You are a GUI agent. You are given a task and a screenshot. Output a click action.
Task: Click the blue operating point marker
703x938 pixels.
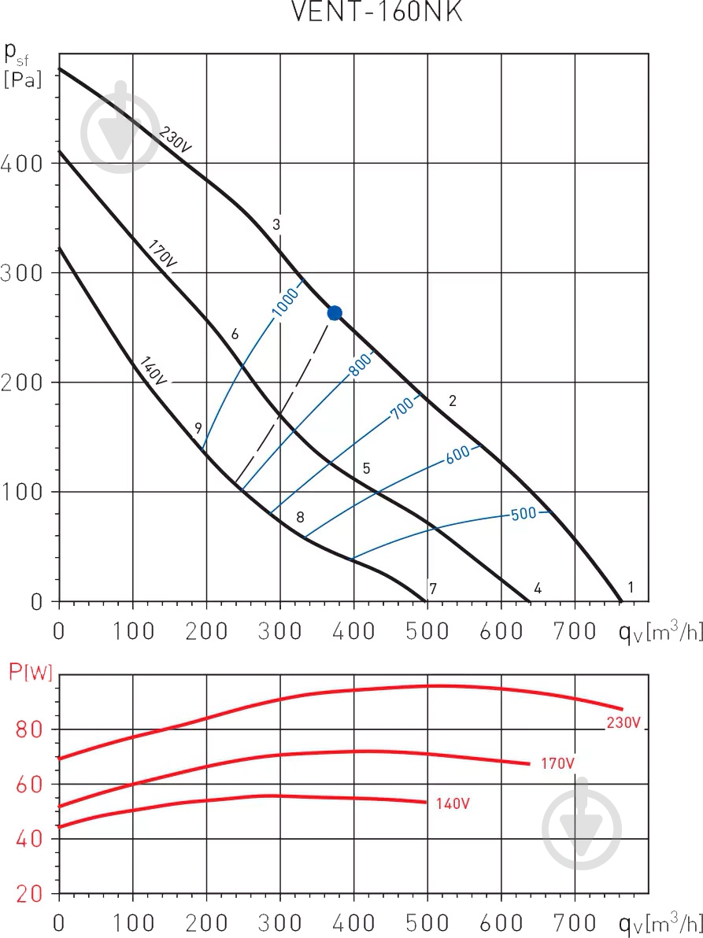tap(335, 313)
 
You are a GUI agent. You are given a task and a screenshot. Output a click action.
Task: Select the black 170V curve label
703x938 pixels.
tap(162, 255)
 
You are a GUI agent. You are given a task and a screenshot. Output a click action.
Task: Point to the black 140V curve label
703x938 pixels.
tap(154, 371)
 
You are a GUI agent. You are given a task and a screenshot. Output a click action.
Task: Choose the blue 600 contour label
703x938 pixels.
tap(457, 454)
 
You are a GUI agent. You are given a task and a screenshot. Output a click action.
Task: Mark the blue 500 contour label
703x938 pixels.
tap(524, 514)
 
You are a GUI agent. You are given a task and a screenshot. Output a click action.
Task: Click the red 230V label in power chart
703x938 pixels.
tap(623, 723)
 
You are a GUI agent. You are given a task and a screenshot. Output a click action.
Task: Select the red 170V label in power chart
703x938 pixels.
tap(557, 763)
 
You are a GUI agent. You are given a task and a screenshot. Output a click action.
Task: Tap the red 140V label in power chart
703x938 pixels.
tap(453, 803)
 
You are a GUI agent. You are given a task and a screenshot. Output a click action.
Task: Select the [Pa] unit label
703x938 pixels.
tap(22, 79)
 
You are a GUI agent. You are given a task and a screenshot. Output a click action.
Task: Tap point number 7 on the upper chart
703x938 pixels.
tap(433, 588)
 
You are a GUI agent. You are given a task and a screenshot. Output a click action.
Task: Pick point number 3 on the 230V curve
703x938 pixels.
tap(276, 224)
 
